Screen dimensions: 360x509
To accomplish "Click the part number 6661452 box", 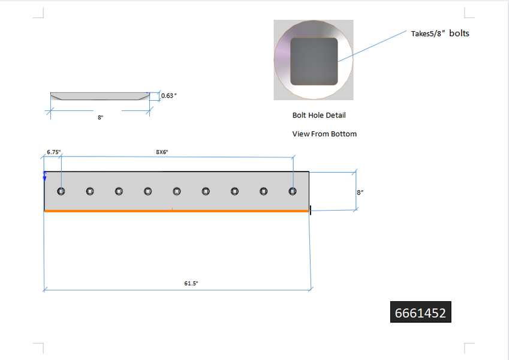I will (x=420, y=313).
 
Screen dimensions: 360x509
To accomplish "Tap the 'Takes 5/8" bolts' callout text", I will (x=439, y=34).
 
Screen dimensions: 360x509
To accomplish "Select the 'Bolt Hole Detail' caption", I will (x=319, y=115).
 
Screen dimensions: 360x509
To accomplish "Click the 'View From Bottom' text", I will (x=324, y=134).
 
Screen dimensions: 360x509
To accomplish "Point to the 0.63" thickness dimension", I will (x=170, y=95).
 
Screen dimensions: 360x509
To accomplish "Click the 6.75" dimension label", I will (x=53, y=152).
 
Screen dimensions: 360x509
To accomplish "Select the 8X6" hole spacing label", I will (x=162, y=152).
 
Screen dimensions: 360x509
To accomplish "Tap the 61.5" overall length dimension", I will (x=191, y=283).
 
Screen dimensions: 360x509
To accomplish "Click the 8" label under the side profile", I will (x=100, y=118).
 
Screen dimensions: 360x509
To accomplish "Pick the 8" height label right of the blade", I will (x=360, y=193).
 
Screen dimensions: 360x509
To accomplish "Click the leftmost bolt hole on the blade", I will (x=61, y=191).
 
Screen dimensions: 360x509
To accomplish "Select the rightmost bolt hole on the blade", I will (x=293, y=191).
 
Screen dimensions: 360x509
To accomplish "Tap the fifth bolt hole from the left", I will (x=177, y=191).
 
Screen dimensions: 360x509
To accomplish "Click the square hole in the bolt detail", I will (x=314, y=61).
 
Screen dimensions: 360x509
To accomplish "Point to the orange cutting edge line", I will (x=177, y=211).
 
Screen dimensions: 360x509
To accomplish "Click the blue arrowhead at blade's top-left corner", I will (x=45, y=176).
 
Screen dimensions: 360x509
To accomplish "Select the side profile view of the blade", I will (x=100, y=96).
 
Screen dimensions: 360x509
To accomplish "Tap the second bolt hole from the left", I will (x=90, y=191).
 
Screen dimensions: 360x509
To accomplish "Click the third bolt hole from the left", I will (x=119, y=191).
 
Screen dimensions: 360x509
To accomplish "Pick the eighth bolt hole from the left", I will (x=264, y=191).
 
